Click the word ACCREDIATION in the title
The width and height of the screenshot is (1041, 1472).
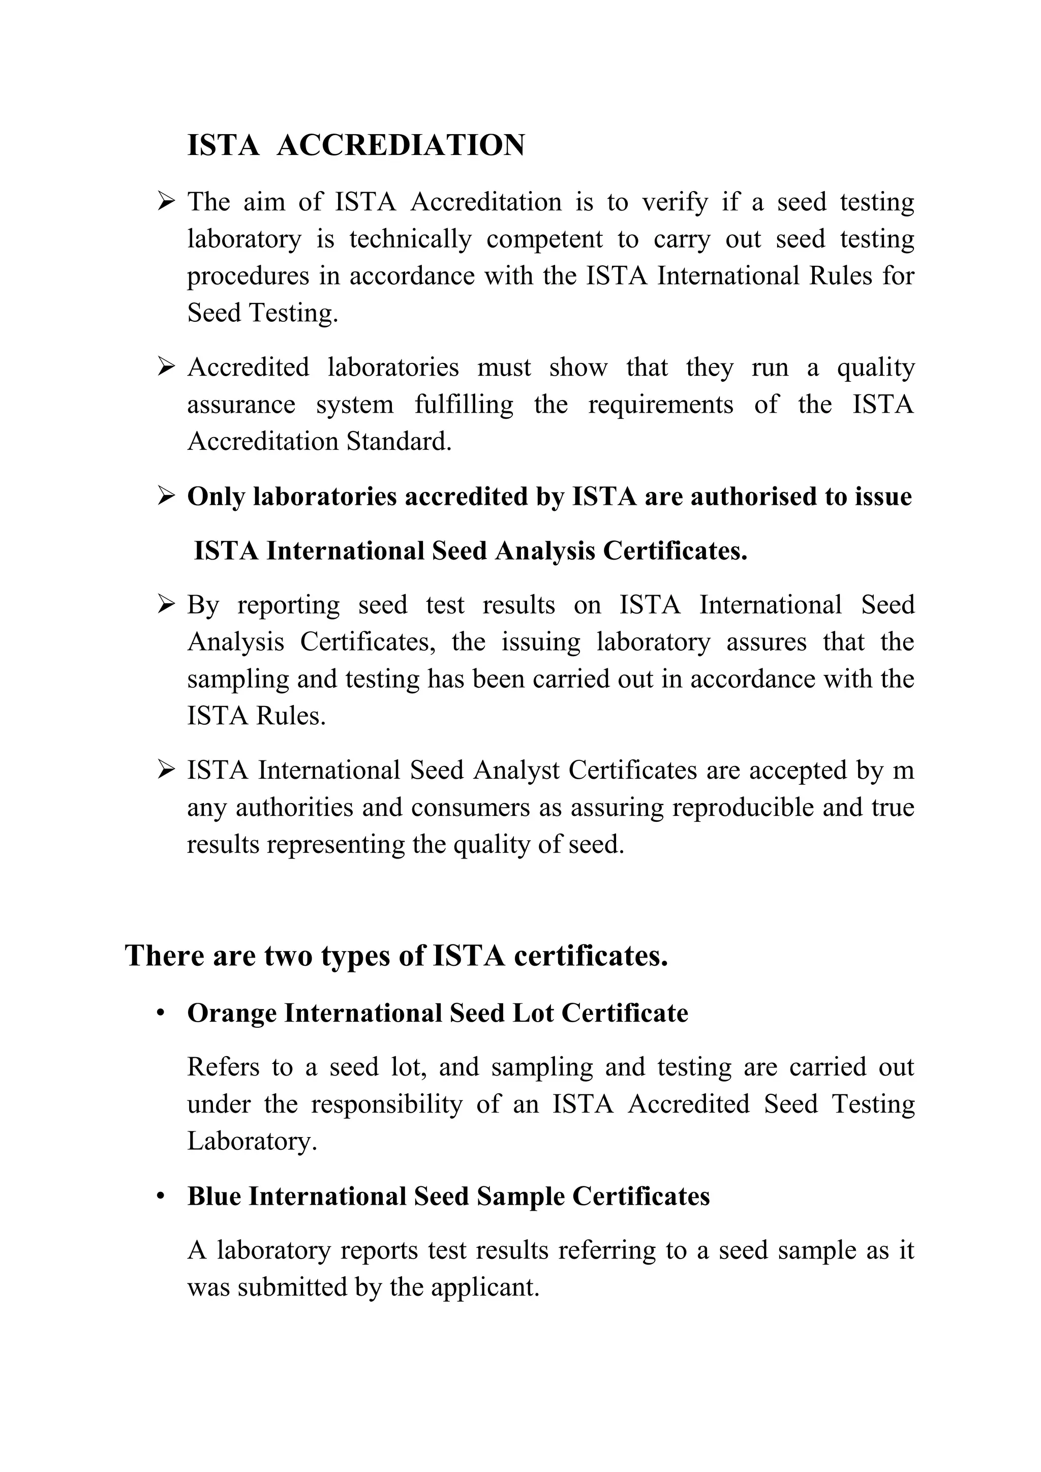401,145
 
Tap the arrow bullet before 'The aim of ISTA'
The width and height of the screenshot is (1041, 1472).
166,203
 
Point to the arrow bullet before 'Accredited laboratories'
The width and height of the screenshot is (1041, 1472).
166,367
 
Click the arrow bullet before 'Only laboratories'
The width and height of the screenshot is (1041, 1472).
166,497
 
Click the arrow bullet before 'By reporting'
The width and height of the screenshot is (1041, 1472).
166,604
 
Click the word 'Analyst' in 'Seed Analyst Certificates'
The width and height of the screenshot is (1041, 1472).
516,770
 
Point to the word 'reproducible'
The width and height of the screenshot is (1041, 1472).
743,807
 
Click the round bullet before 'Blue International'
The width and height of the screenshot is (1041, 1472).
161,1197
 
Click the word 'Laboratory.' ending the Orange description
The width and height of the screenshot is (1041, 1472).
252,1142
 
